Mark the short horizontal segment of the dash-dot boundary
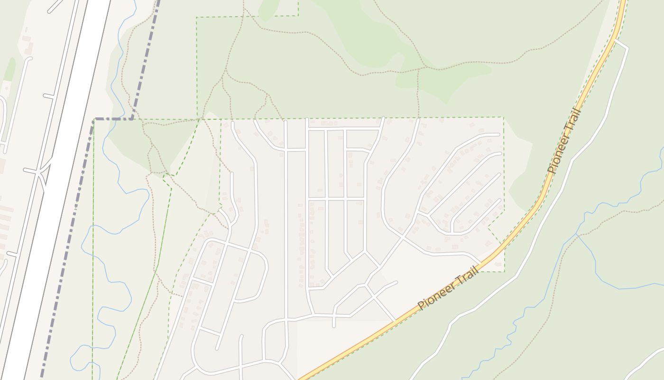tap(114, 119)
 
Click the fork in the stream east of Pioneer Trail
tap(577, 235)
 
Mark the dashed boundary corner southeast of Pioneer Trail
tap(504, 272)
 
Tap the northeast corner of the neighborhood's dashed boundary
tap(503, 117)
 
